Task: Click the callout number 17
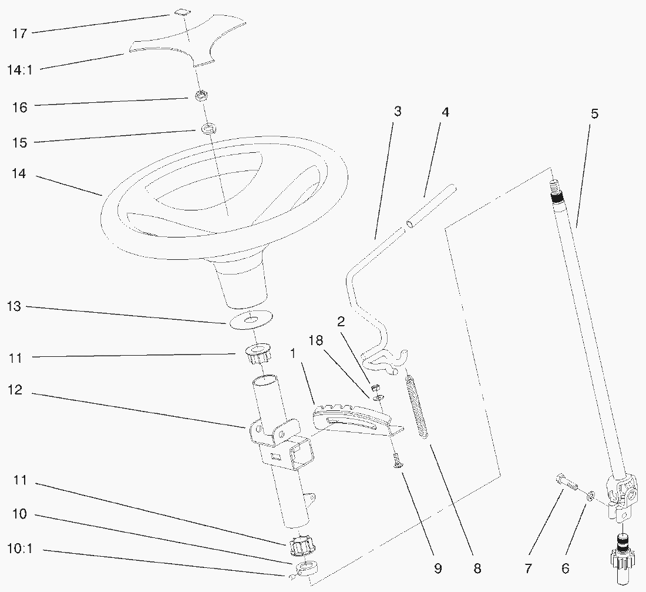(19, 34)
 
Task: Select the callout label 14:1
(20, 70)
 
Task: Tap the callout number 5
(594, 114)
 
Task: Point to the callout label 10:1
(20, 549)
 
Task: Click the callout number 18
(316, 341)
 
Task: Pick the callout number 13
(14, 307)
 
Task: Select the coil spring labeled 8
(417, 407)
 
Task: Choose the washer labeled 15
(208, 128)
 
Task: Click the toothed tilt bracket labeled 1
(354, 419)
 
